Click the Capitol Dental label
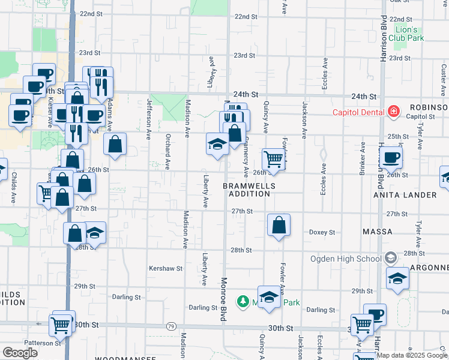point(360,112)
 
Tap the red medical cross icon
point(394,112)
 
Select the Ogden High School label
point(345,259)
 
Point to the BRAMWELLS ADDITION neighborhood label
point(249,190)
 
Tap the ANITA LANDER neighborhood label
point(413,195)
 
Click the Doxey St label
point(322,232)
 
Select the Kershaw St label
point(165,268)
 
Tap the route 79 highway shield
point(171,326)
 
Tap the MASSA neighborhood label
point(378,232)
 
